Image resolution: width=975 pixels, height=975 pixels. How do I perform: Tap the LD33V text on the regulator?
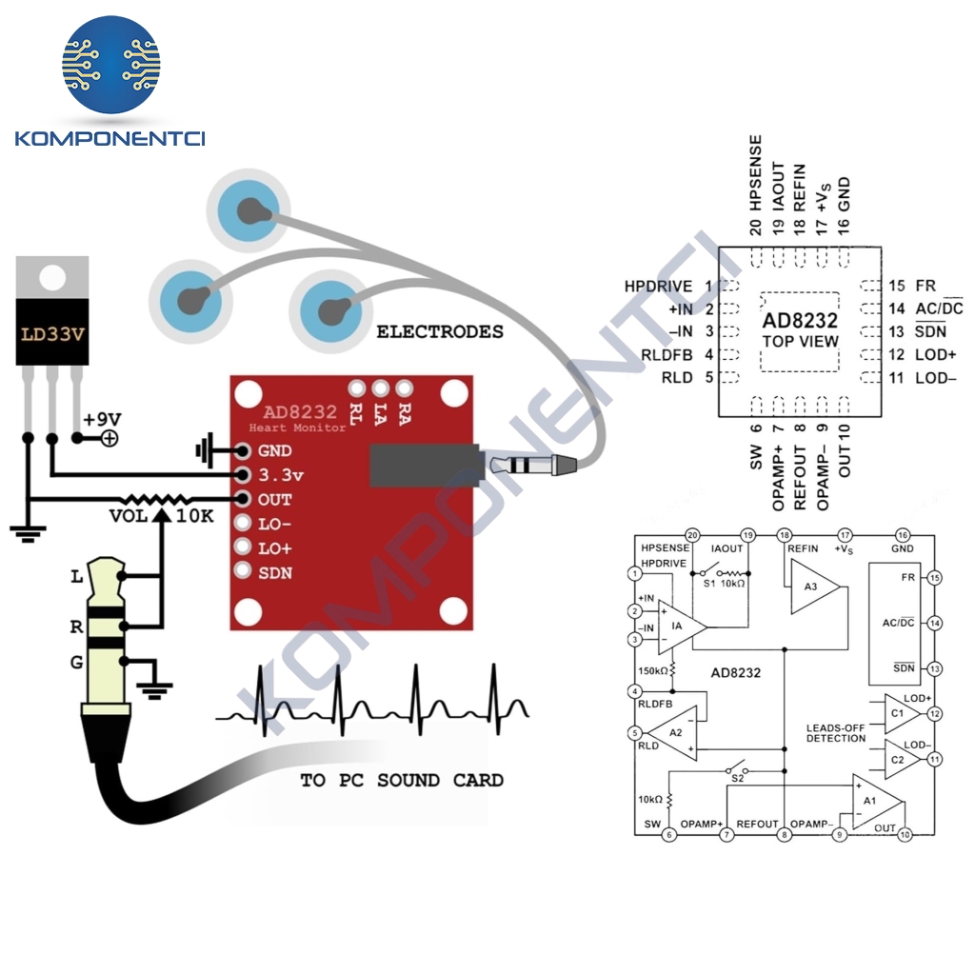52,336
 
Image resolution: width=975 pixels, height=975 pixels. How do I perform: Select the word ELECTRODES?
440,332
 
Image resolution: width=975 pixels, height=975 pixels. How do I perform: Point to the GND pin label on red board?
275,451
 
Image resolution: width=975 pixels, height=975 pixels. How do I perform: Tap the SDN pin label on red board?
275,573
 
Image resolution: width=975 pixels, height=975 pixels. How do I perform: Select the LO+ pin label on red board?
275,549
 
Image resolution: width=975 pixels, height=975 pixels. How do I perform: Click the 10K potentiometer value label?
195,516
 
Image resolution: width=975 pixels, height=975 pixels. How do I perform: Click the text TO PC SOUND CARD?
402,781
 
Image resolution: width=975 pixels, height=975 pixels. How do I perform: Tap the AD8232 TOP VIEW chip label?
801,330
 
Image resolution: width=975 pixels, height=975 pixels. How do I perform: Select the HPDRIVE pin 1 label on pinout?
661,286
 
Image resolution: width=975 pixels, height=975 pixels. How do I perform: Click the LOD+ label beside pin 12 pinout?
935,354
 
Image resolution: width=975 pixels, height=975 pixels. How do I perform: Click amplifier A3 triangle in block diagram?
812,587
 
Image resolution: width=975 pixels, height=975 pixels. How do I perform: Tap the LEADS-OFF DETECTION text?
835,733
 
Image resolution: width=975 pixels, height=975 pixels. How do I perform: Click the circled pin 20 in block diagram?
692,535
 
